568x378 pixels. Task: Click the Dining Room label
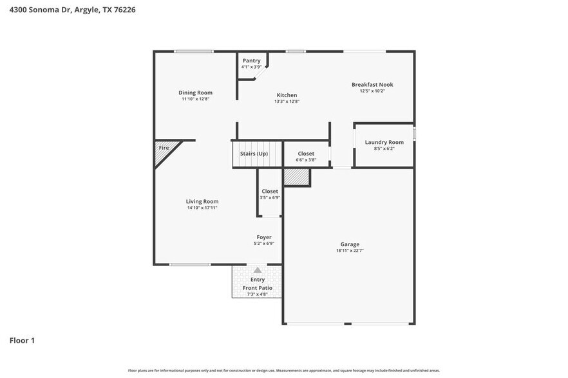click(195, 93)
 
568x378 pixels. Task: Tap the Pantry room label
click(251, 60)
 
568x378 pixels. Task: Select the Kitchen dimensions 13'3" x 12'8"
click(287, 102)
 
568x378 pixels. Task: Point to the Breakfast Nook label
click(372, 84)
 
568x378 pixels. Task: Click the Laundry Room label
click(384, 142)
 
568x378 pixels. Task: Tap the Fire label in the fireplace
click(164, 148)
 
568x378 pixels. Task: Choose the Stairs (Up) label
click(254, 154)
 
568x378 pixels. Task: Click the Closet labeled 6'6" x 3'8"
click(306, 154)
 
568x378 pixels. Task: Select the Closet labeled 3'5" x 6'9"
click(270, 192)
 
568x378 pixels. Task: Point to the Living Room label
click(202, 201)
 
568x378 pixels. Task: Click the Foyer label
click(263, 237)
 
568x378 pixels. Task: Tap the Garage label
click(350, 244)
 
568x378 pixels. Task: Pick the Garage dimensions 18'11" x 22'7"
click(350, 251)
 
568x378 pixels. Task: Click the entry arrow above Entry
click(258, 271)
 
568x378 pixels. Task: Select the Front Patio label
click(258, 287)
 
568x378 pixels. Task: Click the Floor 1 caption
click(22, 340)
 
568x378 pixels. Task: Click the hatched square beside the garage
click(297, 177)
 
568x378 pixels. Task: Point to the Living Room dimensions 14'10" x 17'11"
click(202, 208)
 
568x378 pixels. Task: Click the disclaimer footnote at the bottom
click(284, 370)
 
